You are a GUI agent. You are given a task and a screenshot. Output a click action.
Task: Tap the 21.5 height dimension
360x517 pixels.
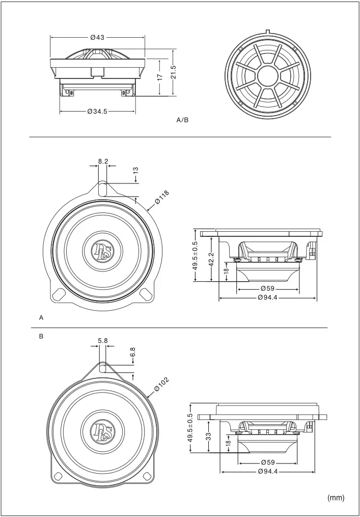173,72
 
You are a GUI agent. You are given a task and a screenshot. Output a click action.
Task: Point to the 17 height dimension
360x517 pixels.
159,76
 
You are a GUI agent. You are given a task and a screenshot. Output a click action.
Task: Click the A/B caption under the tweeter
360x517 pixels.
182,121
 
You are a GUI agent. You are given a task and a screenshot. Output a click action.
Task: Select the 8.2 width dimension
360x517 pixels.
103,161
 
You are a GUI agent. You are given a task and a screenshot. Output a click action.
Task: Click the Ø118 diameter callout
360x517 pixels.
161,198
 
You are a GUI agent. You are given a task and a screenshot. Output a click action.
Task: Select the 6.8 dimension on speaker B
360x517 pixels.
132,351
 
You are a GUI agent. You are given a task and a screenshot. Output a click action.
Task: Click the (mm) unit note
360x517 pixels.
336,498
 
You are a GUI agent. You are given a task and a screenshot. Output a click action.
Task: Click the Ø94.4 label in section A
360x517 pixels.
267,297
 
